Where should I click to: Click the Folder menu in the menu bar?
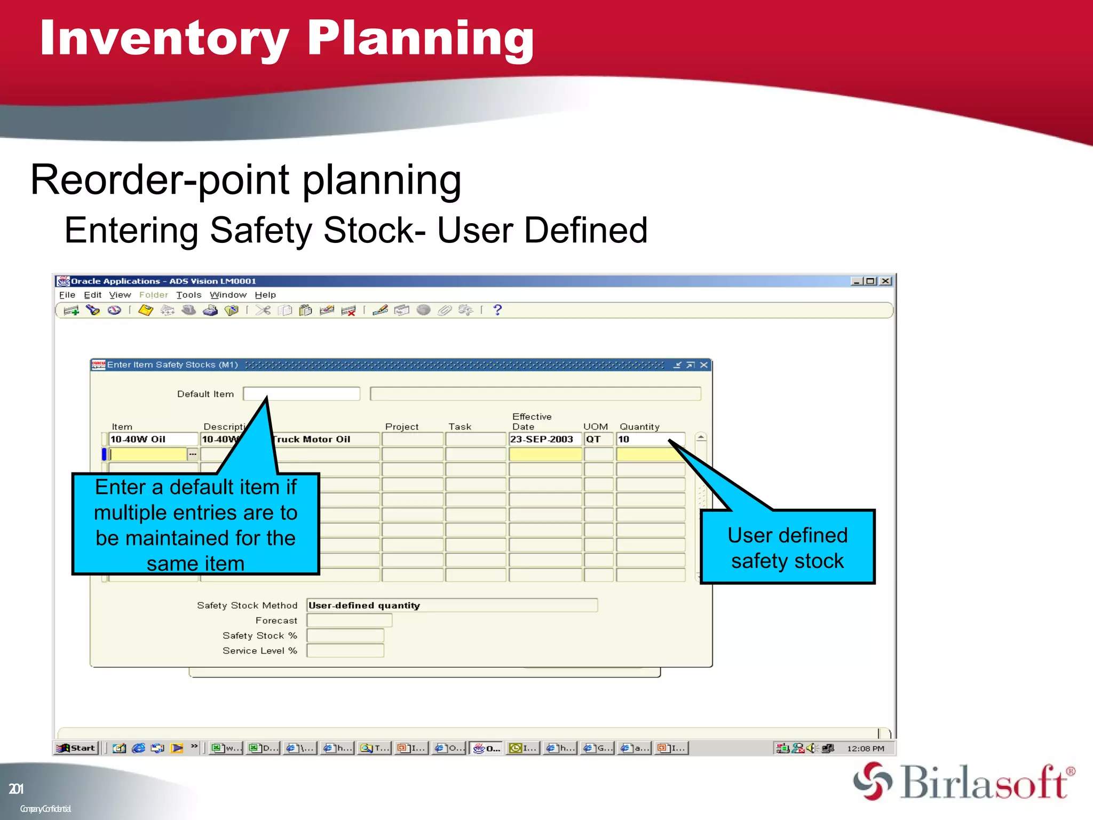(153, 295)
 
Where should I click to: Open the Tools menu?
(188, 295)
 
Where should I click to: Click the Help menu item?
(265, 295)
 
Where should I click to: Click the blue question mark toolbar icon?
(497, 310)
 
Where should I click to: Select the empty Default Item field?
(302, 394)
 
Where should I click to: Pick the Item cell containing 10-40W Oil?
(153, 439)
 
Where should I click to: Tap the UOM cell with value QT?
(597, 439)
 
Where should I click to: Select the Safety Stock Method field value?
(452, 605)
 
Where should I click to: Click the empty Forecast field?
(349, 620)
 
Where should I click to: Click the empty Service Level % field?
(345, 651)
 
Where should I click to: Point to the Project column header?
(401, 427)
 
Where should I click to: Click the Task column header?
(460, 427)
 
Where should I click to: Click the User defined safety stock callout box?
(787, 548)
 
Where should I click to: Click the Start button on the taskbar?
(77, 748)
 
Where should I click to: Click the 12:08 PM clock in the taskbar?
(865, 748)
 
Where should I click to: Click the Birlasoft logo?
(964, 782)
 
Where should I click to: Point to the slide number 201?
(16, 789)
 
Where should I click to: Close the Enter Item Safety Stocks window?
(704, 365)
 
